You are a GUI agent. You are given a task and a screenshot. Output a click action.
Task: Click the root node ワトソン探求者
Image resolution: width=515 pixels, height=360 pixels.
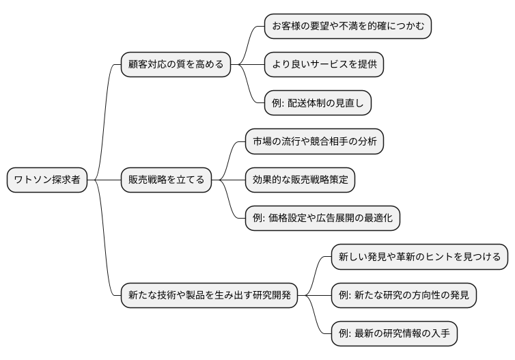[x=47, y=180]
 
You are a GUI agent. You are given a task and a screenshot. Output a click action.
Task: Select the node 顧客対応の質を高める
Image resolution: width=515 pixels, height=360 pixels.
[x=175, y=65]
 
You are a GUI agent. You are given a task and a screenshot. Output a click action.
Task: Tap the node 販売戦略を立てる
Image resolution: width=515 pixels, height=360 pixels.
[x=166, y=180]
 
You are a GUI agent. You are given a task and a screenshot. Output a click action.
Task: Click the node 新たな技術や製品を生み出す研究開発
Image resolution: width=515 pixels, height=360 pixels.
[x=209, y=296]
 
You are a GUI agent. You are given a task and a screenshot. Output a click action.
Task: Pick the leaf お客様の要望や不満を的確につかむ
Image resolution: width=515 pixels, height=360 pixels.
[x=348, y=26]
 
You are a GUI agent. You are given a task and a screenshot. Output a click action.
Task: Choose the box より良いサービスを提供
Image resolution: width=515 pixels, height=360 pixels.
[x=324, y=65]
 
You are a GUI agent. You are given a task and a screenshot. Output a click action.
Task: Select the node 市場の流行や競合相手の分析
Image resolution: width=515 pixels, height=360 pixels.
[x=314, y=141]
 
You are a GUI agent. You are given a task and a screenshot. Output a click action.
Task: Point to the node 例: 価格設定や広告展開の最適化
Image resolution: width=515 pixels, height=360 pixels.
[x=322, y=219]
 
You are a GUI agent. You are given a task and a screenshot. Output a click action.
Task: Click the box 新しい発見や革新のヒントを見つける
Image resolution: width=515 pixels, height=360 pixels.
[x=419, y=257]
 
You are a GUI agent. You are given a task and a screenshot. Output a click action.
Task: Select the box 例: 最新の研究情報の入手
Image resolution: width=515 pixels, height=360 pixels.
[x=393, y=334]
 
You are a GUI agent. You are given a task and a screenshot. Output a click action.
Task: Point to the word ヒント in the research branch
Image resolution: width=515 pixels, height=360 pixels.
[x=445, y=257]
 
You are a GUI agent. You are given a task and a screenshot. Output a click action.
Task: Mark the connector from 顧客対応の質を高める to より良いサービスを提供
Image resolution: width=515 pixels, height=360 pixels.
[x=247, y=65]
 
